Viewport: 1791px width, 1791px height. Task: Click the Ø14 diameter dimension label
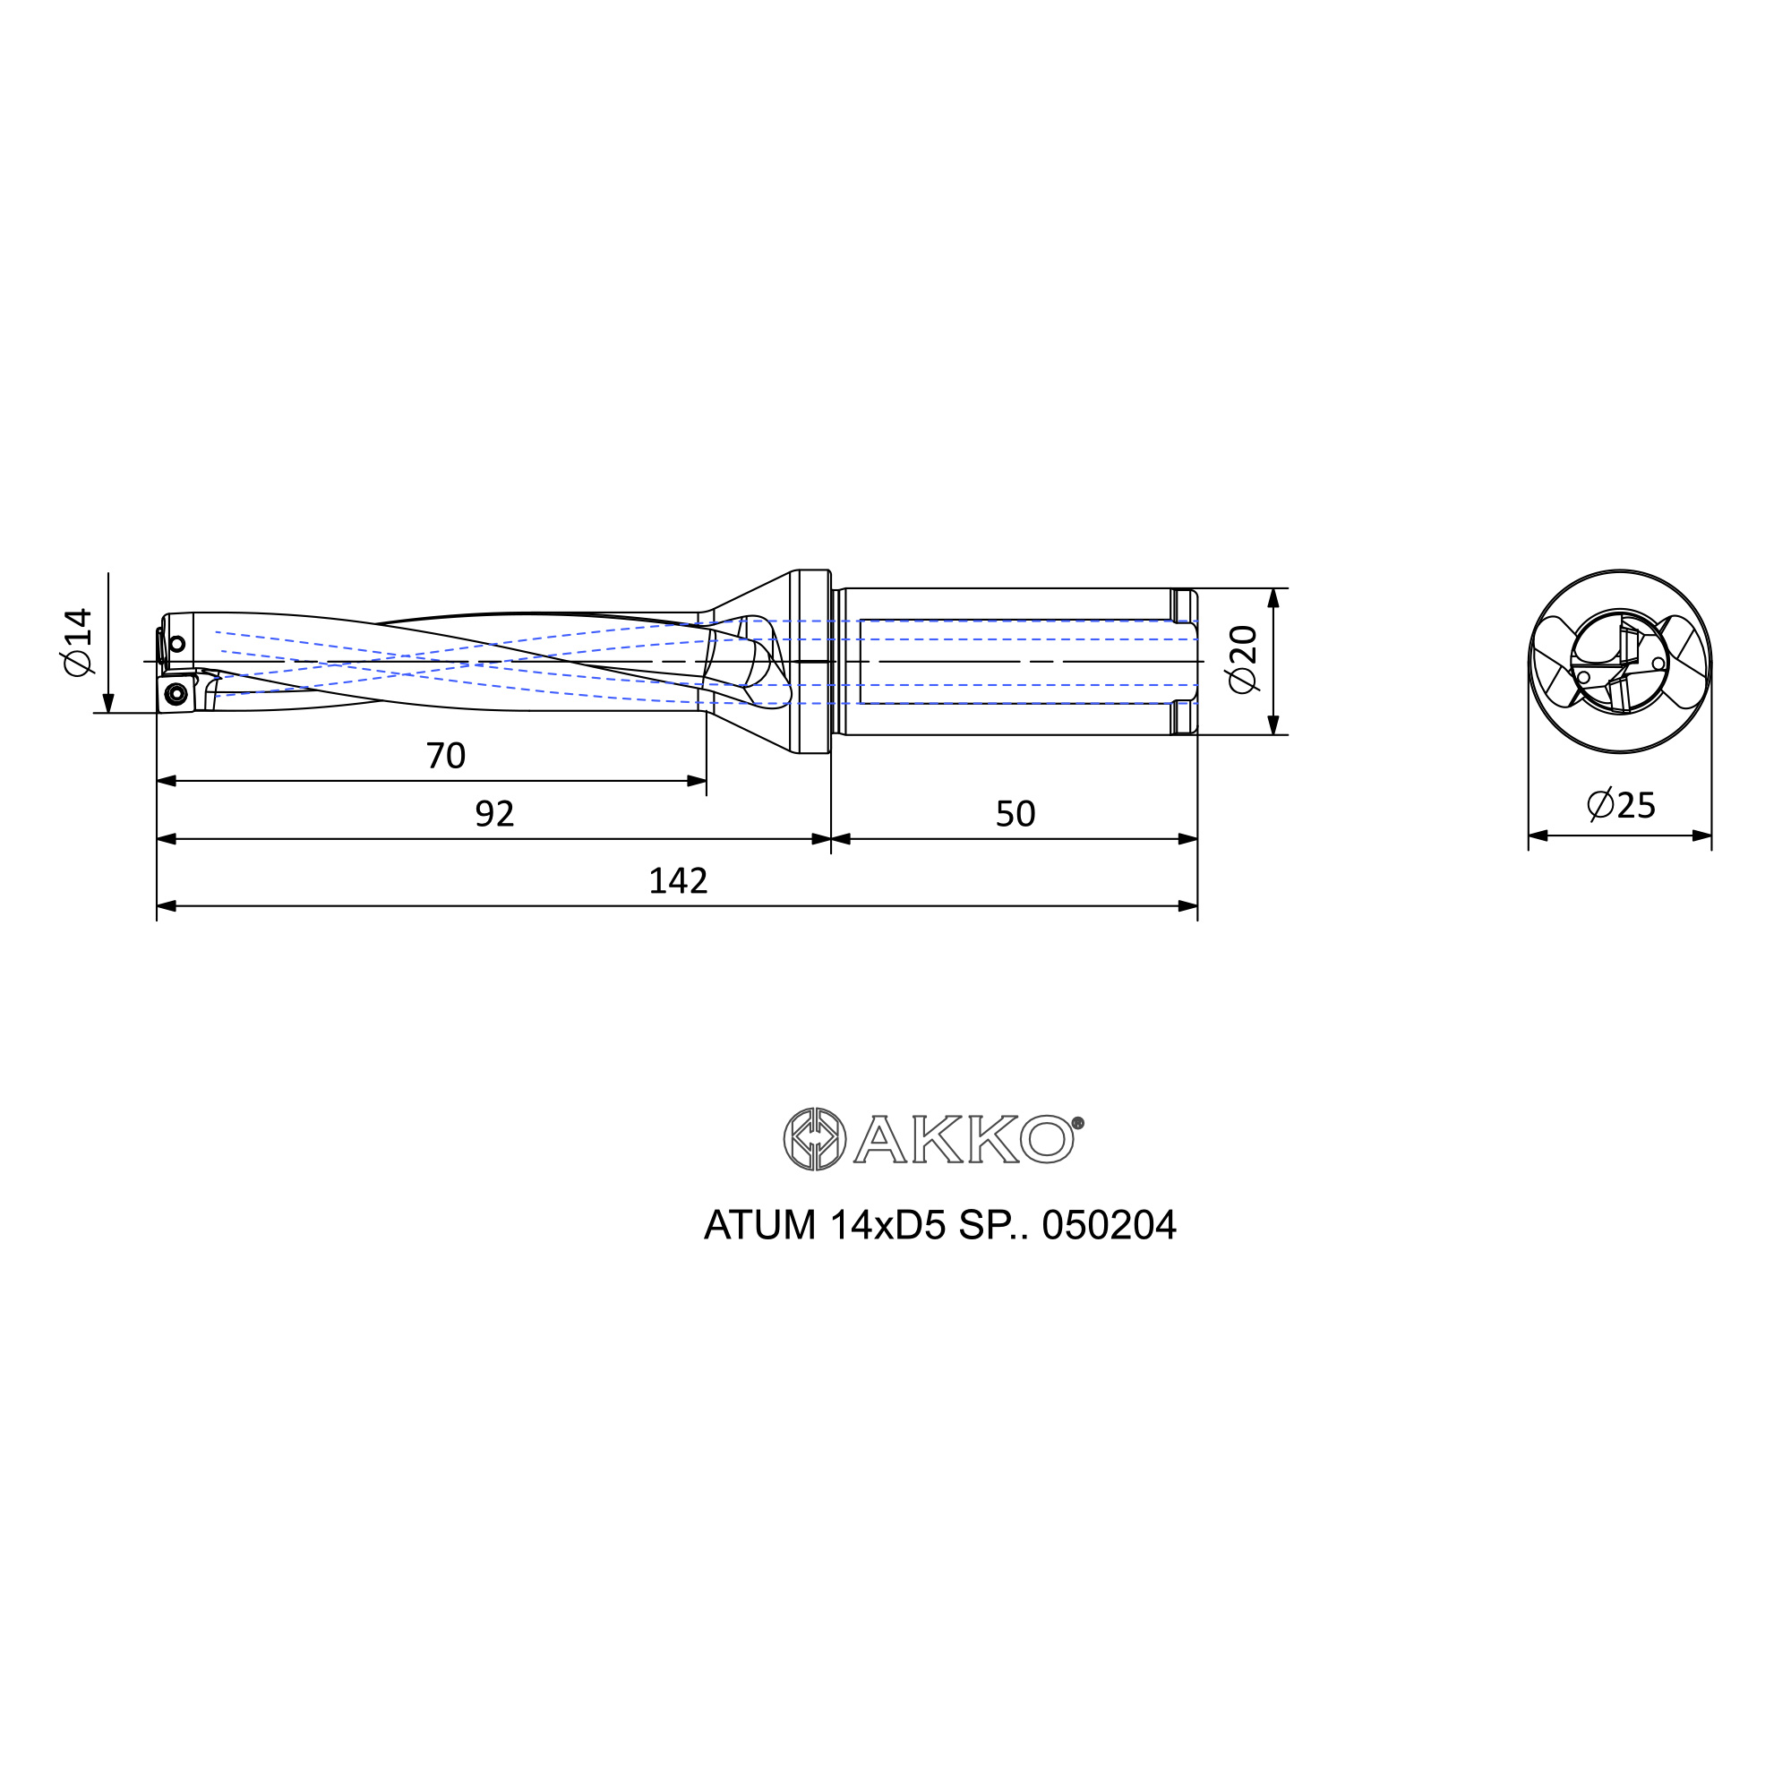(x=79, y=642)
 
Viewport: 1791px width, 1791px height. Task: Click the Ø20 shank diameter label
(x=1242, y=659)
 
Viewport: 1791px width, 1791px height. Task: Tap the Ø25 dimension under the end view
(x=1621, y=805)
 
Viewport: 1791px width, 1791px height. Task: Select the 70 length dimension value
(x=446, y=757)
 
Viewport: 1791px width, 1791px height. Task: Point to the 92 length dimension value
(x=494, y=814)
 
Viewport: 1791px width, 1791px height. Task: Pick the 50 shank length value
(x=1015, y=814)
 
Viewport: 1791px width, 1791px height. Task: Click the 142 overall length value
(x=678, y=880)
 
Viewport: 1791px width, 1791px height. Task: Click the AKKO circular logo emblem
(x=814, y=1138)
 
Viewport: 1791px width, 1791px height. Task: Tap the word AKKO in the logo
(x=964, y=1139)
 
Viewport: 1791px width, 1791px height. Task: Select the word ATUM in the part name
(x=760, y=1226)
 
